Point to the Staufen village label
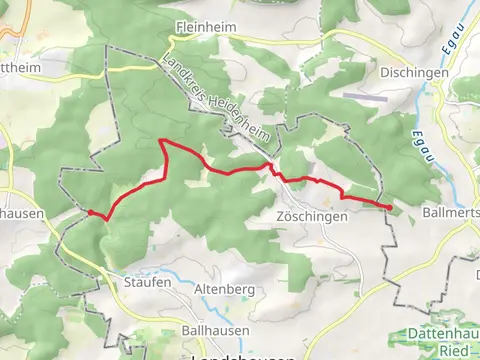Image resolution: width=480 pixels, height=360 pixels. tap(148, 282)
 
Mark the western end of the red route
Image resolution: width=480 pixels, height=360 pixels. tap(89, 211)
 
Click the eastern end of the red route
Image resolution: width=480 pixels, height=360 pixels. tap(388, 206)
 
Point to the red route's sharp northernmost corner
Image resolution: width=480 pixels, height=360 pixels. tap(162, 142)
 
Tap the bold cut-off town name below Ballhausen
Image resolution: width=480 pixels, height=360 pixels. tap(242, 355)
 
